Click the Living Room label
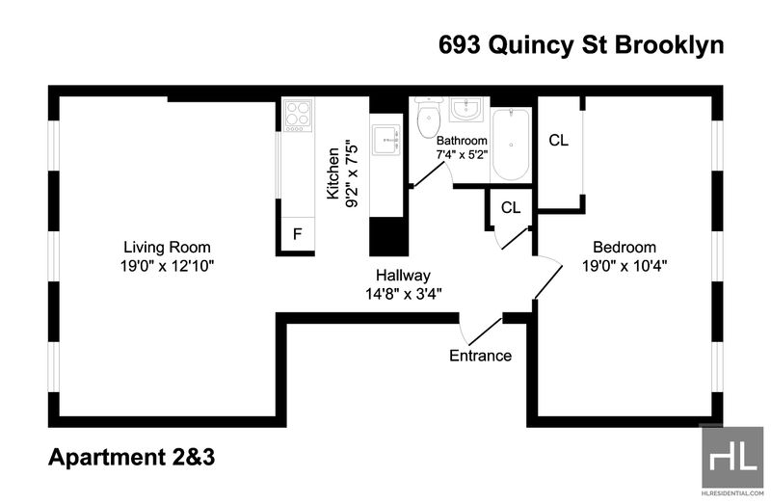(x=167, y=247)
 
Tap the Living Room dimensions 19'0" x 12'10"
(x=167, y=266)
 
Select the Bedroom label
(x=625, y=247)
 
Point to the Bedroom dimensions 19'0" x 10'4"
(x=625, y=266)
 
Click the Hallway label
(x=403, y=276)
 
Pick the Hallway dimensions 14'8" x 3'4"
(x=403, y=294)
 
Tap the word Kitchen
(x=333, y=173)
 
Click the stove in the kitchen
(x=298, y=116)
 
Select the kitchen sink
(x=386, y=140)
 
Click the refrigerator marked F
(x=298, y=234)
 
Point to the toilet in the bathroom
(x=428, y=117)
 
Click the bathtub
(x=512, y=145)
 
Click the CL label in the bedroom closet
(x=559, y=141)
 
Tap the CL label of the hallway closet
(x=511, y=208)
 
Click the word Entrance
(x=480, y=356)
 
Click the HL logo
(x=732, y=458)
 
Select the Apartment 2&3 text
(x=132, y=458)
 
